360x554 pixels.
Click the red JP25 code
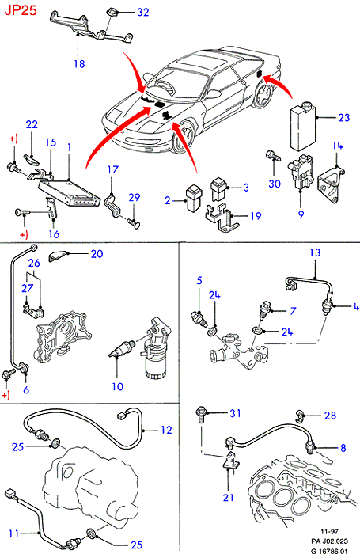[x=20, y=9]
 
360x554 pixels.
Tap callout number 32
[x=142, y=13]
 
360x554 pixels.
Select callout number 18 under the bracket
[x=79, y=64]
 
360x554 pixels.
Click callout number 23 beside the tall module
[x=343, y=117]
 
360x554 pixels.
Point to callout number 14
[x=337, y=146]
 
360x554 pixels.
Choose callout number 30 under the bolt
[x=275, y=184]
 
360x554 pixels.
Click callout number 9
[x=301, y=214]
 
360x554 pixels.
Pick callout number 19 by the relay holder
[x=256, y=215]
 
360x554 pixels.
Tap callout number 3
[x=246, y=188]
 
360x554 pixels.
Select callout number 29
[x=135, y=197]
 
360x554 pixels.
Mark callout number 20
[x=97, y=254]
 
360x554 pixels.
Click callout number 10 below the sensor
[x=117, y=386]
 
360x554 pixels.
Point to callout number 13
[x=315, y=252]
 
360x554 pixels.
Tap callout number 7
[x=293, y=311]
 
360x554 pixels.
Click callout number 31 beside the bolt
[x=235, y=413]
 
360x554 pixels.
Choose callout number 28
[x=330, y=415]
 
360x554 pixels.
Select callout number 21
[x=229, y=498]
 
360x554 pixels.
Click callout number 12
[x=166, y=430]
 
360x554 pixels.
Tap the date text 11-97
[x=329, y=531]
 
